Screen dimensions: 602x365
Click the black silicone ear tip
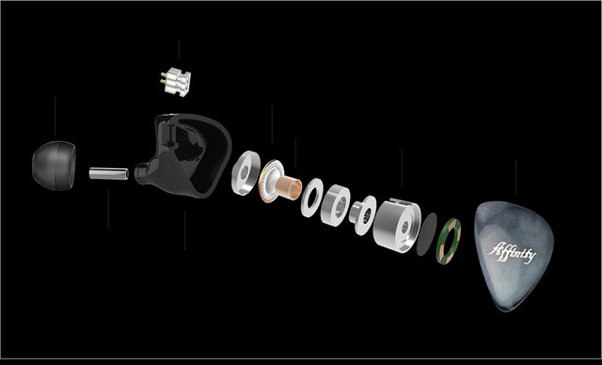[x=54, y=166]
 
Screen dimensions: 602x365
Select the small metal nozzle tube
[x=109, y=173]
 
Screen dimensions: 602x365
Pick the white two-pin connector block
[x=178, y=82]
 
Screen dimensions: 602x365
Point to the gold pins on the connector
[x=164, y=78]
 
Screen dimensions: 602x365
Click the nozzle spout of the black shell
[x=140, y=174]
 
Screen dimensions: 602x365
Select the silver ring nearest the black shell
[x=246, y=173]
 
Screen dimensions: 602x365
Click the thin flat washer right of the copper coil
[x=311, y=198]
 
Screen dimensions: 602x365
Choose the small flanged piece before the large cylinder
[x=363, y=214]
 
